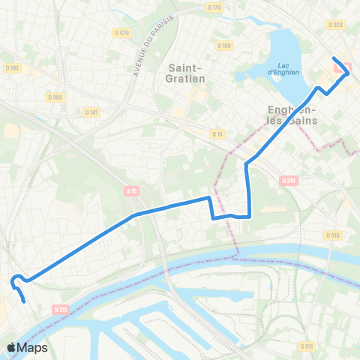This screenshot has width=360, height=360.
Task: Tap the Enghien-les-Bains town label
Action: tap(292, 115)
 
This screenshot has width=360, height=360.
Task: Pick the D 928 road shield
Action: tap(335, 25)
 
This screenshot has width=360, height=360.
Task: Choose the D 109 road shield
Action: tap(224, 46)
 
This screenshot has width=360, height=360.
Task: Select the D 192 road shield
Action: tap(11, 68)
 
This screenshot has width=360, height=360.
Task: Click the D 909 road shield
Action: tap(54, 97)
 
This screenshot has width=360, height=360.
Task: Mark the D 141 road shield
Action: tap(91, 112)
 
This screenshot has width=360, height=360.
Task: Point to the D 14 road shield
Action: tap(217, 133)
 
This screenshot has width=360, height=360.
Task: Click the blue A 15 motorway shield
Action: tap(132, 192)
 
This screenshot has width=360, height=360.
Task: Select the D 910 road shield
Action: tap(334, 235)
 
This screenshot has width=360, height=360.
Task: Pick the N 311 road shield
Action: tap(61, 309)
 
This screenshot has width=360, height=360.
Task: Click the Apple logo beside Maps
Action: tap(11, 348)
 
